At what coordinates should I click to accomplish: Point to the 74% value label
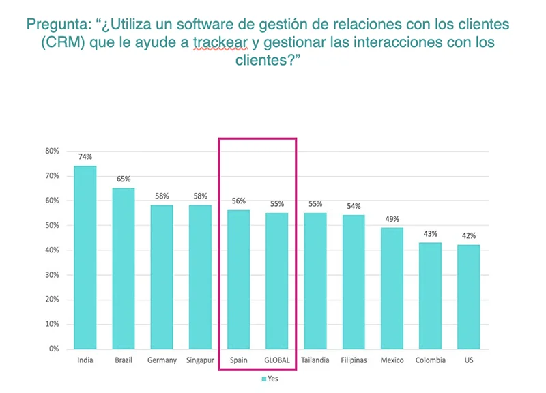[x=85, y=156]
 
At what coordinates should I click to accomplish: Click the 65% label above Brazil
[x=124, y=179]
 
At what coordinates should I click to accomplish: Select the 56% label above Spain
[x=239, y=201]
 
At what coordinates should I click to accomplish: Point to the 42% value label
[x=469, y=235]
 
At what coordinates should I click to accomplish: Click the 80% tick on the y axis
[x=52, y=151]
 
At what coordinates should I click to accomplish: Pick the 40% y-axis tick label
[x=52, y=250]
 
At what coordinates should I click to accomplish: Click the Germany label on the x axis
[x=162, y=360]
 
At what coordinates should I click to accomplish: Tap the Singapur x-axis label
[x=201, y=360]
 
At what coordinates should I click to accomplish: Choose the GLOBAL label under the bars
[x=277, y=360]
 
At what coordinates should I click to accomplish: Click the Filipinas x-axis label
[x=354, y=360]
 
